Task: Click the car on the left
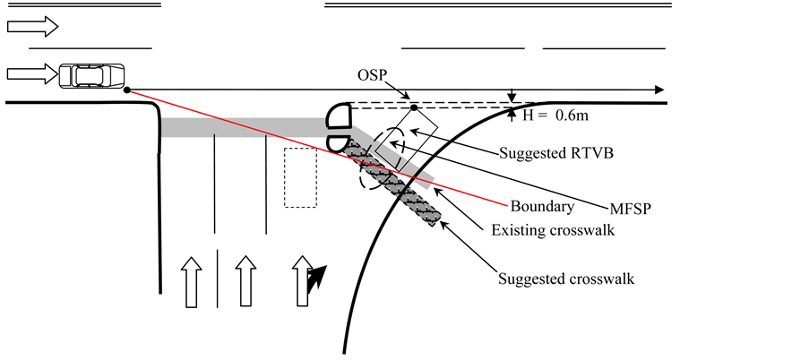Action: click(x=92, y=75)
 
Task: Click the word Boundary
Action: click(x=542, y=207)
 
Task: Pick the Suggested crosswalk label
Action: click(x=566, y=279)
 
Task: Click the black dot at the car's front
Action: click(x=126, y=90)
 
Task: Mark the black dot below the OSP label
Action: click(x=414, y=108)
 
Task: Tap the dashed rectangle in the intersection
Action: click(x=300, y=177)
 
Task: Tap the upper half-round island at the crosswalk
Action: click(x=339, y=116)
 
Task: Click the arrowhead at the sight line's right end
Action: click(x=659, y=90)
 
